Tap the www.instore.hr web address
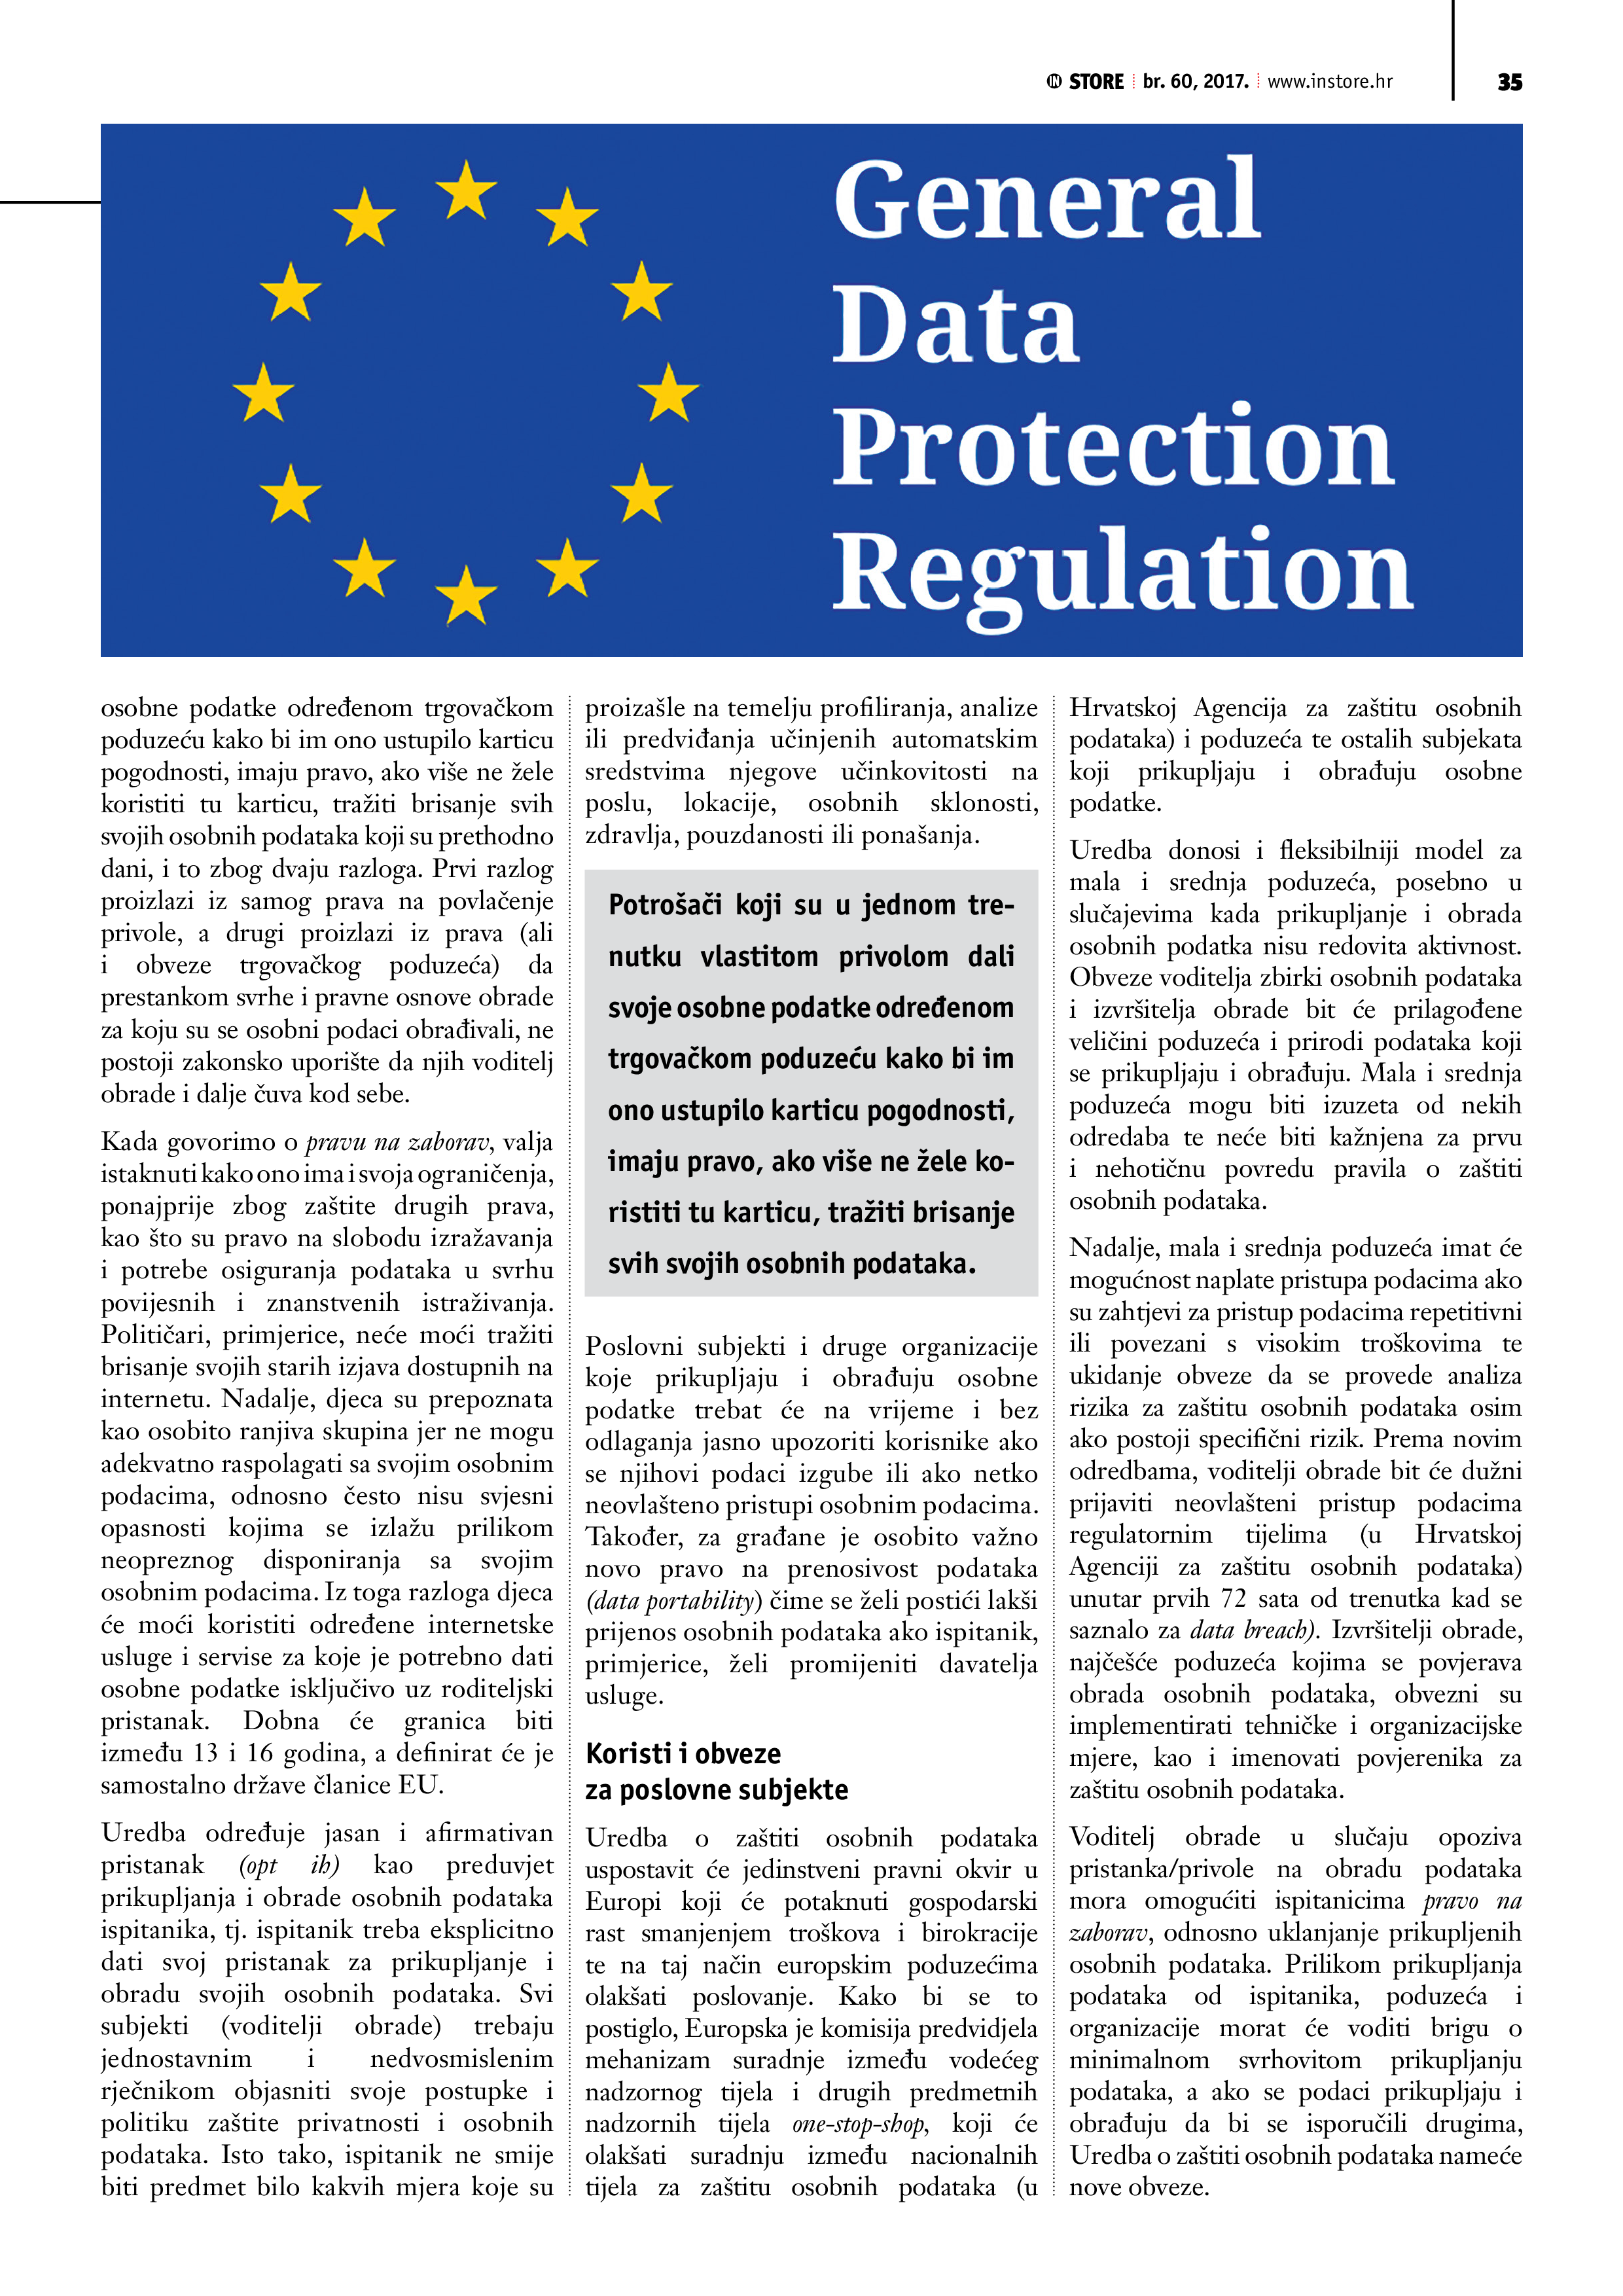pos(1329,82)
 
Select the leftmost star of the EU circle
pos(263,392)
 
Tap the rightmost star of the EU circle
pos(668,392)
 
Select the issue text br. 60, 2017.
pos(1195,82)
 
